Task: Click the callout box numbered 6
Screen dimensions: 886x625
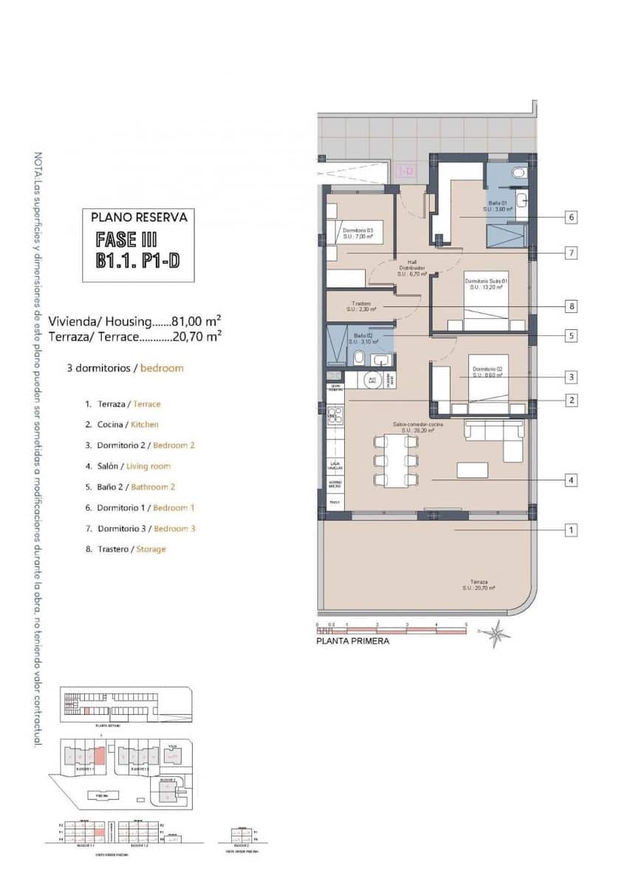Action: click(572, 218)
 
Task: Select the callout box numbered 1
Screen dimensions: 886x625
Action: click(572, 530)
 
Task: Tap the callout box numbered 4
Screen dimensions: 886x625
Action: click(572, 481)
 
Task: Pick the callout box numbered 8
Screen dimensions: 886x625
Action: click(572, 306)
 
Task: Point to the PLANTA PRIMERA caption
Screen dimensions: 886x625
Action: click(352, 641)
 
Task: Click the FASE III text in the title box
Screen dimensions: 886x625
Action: click(126, 240)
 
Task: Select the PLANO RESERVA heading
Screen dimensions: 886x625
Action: click(139, 218)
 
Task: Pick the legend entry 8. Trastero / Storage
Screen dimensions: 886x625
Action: click(126, 549)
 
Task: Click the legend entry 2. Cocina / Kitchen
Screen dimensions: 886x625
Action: click(122, 425)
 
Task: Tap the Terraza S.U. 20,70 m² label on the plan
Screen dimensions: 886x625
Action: click(478, 584)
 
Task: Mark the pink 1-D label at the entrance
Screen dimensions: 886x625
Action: click(406, 171)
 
